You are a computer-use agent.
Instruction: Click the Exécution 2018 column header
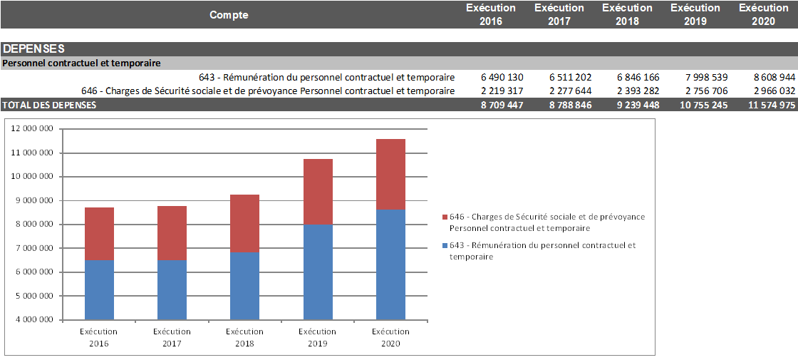627,14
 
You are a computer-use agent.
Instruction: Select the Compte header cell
229,15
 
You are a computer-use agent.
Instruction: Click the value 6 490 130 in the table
502,77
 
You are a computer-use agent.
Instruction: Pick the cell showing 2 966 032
774,91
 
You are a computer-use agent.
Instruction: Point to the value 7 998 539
704,77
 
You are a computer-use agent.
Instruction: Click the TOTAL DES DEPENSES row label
49,105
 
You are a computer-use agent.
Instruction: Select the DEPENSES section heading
33,49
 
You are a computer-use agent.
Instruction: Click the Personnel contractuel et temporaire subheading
82,63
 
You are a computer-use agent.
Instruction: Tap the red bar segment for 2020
390,174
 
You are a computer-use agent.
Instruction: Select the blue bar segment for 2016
99,289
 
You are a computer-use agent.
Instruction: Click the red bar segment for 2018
244,223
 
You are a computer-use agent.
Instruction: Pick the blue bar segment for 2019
318,272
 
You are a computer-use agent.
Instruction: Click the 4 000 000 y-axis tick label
35,319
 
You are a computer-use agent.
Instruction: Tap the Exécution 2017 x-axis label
172,337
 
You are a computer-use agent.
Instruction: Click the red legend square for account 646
445,217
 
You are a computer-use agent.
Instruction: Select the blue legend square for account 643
445,245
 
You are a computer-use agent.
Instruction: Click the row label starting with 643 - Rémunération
327,77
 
